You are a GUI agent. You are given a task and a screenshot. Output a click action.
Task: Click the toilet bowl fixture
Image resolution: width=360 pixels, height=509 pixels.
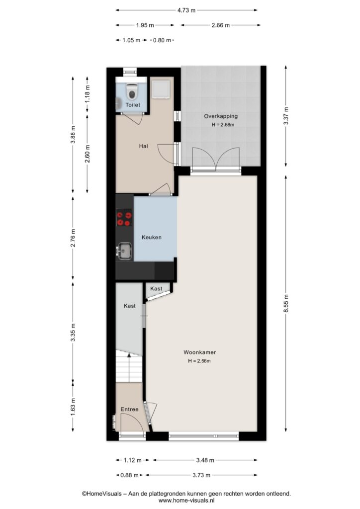point(132,91)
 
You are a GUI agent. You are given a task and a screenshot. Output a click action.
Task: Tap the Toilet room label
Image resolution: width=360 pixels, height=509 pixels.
point(133,105)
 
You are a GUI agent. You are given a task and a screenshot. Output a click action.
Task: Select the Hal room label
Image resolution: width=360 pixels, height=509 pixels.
point(144,146)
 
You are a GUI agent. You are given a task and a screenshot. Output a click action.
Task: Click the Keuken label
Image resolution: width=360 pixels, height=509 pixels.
point(152,237)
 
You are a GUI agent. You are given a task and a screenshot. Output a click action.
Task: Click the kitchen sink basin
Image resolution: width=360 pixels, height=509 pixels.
point(125,251)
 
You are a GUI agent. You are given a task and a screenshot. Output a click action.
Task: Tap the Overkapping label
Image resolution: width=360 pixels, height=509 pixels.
point(221,116)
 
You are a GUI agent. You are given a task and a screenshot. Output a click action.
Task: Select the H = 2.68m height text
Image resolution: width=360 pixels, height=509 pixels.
point(223,124)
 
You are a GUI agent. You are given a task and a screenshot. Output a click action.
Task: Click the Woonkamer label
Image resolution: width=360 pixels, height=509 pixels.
point(199,352)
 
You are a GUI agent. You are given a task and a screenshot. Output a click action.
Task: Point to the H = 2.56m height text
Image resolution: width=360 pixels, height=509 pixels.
point(199,361)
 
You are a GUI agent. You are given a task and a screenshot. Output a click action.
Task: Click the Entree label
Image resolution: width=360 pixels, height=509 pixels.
point(129,410)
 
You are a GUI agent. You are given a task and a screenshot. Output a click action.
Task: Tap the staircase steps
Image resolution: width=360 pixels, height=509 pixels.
point(129,366)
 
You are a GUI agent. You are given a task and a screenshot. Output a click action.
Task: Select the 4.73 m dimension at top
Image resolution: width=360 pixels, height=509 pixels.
point(186,10)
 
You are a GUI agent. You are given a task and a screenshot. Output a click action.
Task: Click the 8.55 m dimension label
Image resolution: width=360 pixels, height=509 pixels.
point(285,304)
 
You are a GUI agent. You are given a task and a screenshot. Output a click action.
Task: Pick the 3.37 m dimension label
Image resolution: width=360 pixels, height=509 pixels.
point(285,116)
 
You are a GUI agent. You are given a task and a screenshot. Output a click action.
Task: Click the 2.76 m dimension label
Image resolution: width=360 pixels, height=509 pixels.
point(73,238)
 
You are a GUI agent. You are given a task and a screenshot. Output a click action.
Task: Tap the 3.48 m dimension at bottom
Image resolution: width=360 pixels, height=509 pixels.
point(205,460)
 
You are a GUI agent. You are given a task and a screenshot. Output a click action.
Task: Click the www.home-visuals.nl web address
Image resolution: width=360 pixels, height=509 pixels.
point(186,501)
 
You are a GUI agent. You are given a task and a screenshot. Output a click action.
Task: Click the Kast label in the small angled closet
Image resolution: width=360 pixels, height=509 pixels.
point(156,289)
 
